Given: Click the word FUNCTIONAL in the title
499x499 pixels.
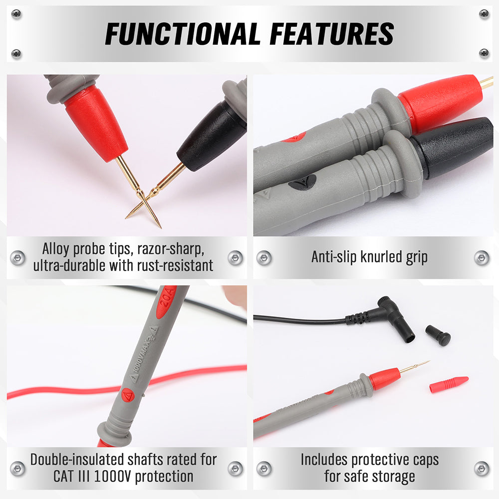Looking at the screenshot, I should click(182, 34).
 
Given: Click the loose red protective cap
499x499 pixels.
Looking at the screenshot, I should click(449, 384).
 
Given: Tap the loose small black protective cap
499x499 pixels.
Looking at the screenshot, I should click(438, 335).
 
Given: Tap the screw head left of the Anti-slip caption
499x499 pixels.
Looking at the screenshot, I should click(264, 258).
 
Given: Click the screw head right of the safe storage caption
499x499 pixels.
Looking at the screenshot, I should click(482, 469).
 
